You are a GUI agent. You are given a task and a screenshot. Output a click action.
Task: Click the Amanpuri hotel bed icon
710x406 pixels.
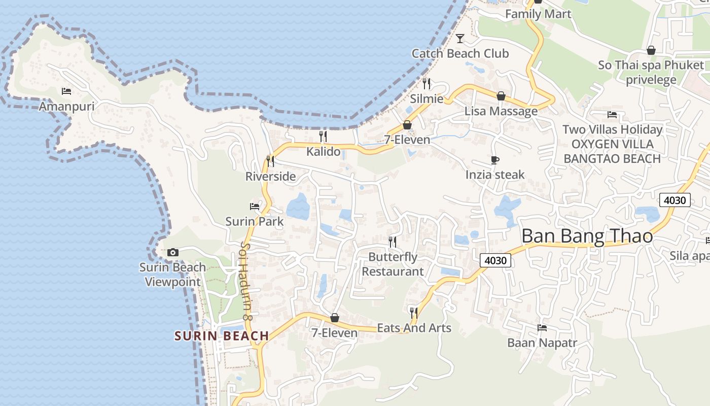pyautogui.click(x=66, y=91)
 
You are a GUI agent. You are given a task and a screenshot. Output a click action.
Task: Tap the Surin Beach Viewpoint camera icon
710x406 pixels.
pyautogui.click(x=172, y=252)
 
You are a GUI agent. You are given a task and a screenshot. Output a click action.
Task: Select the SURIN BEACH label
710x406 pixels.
pyautogui.click(x=222, y=336)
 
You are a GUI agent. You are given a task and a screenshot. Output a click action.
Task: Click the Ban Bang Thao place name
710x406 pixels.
pyautogui.click(x=587, y=236)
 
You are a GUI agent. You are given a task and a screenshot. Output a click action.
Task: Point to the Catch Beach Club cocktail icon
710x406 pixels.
pyautogui.click(x=460, y=38)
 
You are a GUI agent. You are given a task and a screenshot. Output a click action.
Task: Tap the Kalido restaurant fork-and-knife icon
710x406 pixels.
pyautogui.click(x=323, y=136)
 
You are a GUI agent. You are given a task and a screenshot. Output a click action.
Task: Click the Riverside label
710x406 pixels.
pyautogui.click(x=270, y=177)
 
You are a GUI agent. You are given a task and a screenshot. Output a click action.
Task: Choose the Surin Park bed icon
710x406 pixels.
pyautogui.click(x=255, y=206)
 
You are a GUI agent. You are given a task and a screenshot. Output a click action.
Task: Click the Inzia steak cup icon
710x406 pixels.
pyautogui.click(x=495, y=160)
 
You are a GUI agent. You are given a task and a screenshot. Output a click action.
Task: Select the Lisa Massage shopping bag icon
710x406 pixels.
pyautogui.click(x=501, y=96)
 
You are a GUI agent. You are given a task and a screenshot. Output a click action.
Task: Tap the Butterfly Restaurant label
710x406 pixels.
pyautogui.click(x=393, y=264)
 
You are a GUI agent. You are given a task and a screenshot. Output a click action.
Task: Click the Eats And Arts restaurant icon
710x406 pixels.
pyautogui.click(x=414, y=312)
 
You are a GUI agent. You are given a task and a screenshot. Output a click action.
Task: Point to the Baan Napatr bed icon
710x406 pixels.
pyautogui.click(x=542, y=328)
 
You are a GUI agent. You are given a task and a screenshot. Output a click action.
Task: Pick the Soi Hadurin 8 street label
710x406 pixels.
pyautogui.click(x=245, y=281)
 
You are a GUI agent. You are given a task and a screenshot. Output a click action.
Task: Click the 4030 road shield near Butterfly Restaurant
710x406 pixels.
pyautogui.click(x=495, y=260)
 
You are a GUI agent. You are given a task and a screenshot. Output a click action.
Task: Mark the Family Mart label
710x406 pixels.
pyautogui.click(x=538, y=14)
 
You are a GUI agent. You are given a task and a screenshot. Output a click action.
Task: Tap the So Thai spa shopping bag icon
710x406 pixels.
pyautogui.click(x=651, y=50)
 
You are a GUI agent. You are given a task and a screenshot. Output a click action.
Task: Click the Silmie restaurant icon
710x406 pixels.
pyautogui.click(x=427, y=83)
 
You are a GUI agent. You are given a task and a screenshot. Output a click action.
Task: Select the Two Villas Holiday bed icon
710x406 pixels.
pyautogui.click(x=612, y=115)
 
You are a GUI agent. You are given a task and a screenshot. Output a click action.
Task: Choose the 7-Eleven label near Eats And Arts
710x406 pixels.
pyautogui.click(x=334, y=333)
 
